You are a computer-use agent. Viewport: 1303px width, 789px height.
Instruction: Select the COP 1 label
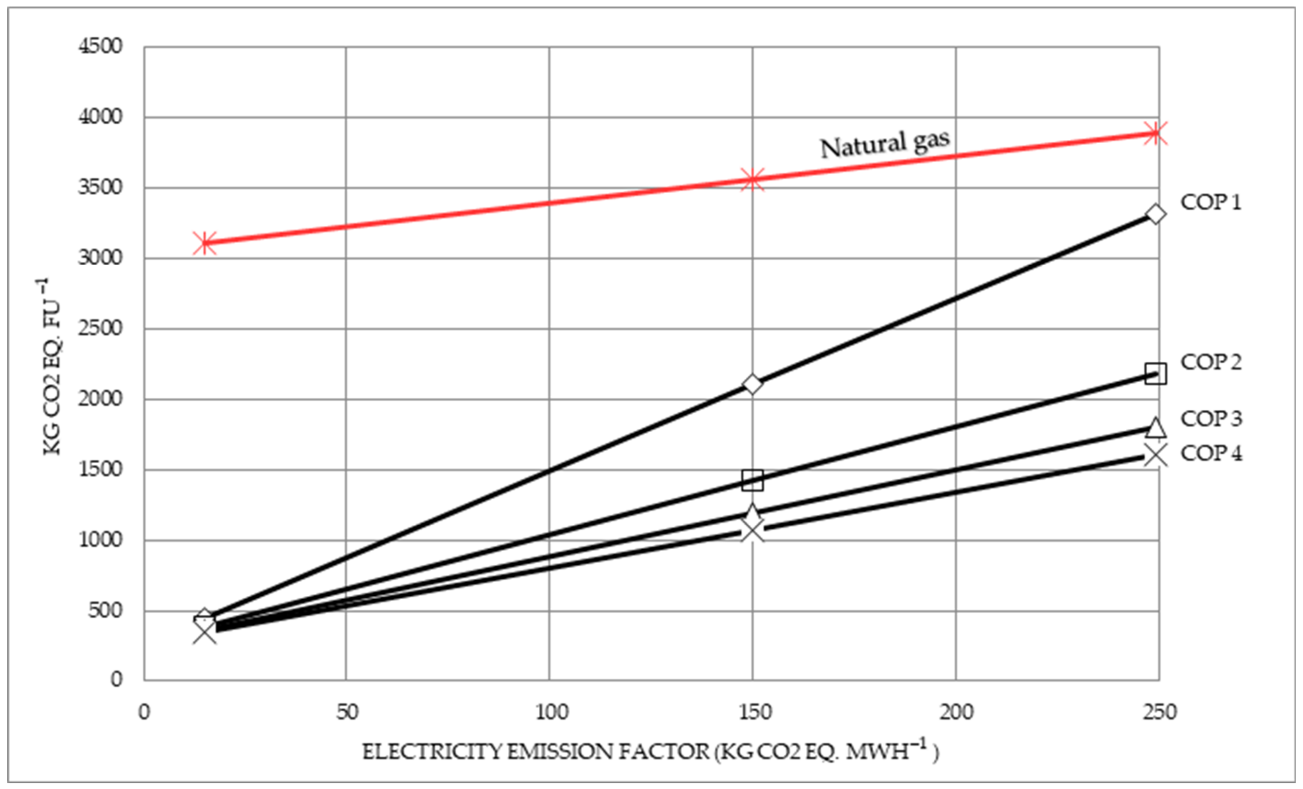point(1211,203)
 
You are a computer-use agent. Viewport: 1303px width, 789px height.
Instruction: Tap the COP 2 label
point(1211,363)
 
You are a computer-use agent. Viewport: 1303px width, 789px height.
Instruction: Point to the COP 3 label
point(1211,419)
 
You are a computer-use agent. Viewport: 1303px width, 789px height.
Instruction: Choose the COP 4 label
point(1211,453)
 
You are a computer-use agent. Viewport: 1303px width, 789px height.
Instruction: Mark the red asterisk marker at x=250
point(1156,133)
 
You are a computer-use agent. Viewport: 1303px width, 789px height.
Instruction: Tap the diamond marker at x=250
point(1156,214)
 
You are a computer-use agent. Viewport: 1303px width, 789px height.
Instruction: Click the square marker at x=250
point(1156,374)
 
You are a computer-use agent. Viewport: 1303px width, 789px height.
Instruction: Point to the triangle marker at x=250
point(1156,427)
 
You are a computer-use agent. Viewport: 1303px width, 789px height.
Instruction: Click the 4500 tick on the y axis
point(100,46)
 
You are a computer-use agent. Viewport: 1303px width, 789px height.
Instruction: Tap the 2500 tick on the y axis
point(100,329)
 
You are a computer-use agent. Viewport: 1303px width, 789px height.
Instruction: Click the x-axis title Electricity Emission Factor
point(651,752)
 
